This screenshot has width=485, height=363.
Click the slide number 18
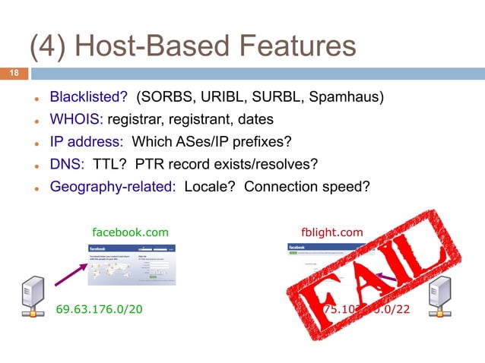coord(13,74)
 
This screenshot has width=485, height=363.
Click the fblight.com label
coord(333,231)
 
